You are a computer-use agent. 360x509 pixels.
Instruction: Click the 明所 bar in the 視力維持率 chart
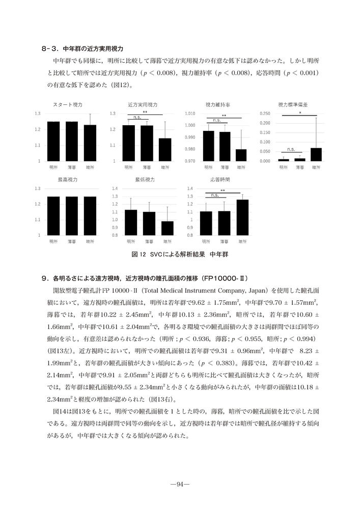[x=208, y=146]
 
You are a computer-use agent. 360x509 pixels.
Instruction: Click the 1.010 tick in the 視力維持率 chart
[x=189, y=113]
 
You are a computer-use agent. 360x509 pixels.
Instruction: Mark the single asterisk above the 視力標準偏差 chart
[x=300, y=112]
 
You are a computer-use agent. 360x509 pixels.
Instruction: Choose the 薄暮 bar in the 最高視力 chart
[x=71, y=216]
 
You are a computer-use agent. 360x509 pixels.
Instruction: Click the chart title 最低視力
[x=145, y=180]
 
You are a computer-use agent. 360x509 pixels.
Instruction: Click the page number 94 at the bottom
[x=180, y=484]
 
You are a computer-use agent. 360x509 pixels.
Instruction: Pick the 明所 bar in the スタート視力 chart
[x=53, y=141]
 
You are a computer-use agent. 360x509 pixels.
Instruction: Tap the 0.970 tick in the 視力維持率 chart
[x=189, y=161]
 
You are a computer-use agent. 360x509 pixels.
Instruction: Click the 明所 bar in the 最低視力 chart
[x=131, y=222]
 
